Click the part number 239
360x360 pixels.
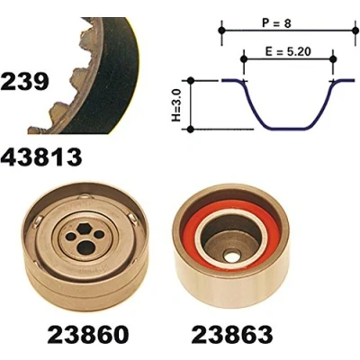[x=24, y=81]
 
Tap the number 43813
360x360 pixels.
[x=41, y=157]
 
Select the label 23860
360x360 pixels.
[x=87, y=334]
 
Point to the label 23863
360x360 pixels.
[x=232, y=334]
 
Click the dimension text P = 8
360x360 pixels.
[x=276, y=23]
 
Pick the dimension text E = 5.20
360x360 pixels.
[x=288, y=51]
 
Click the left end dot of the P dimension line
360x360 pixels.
[x=221, y=31]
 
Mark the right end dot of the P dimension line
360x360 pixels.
[x=355, y=31]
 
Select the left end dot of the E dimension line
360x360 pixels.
[x=244, y=59]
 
